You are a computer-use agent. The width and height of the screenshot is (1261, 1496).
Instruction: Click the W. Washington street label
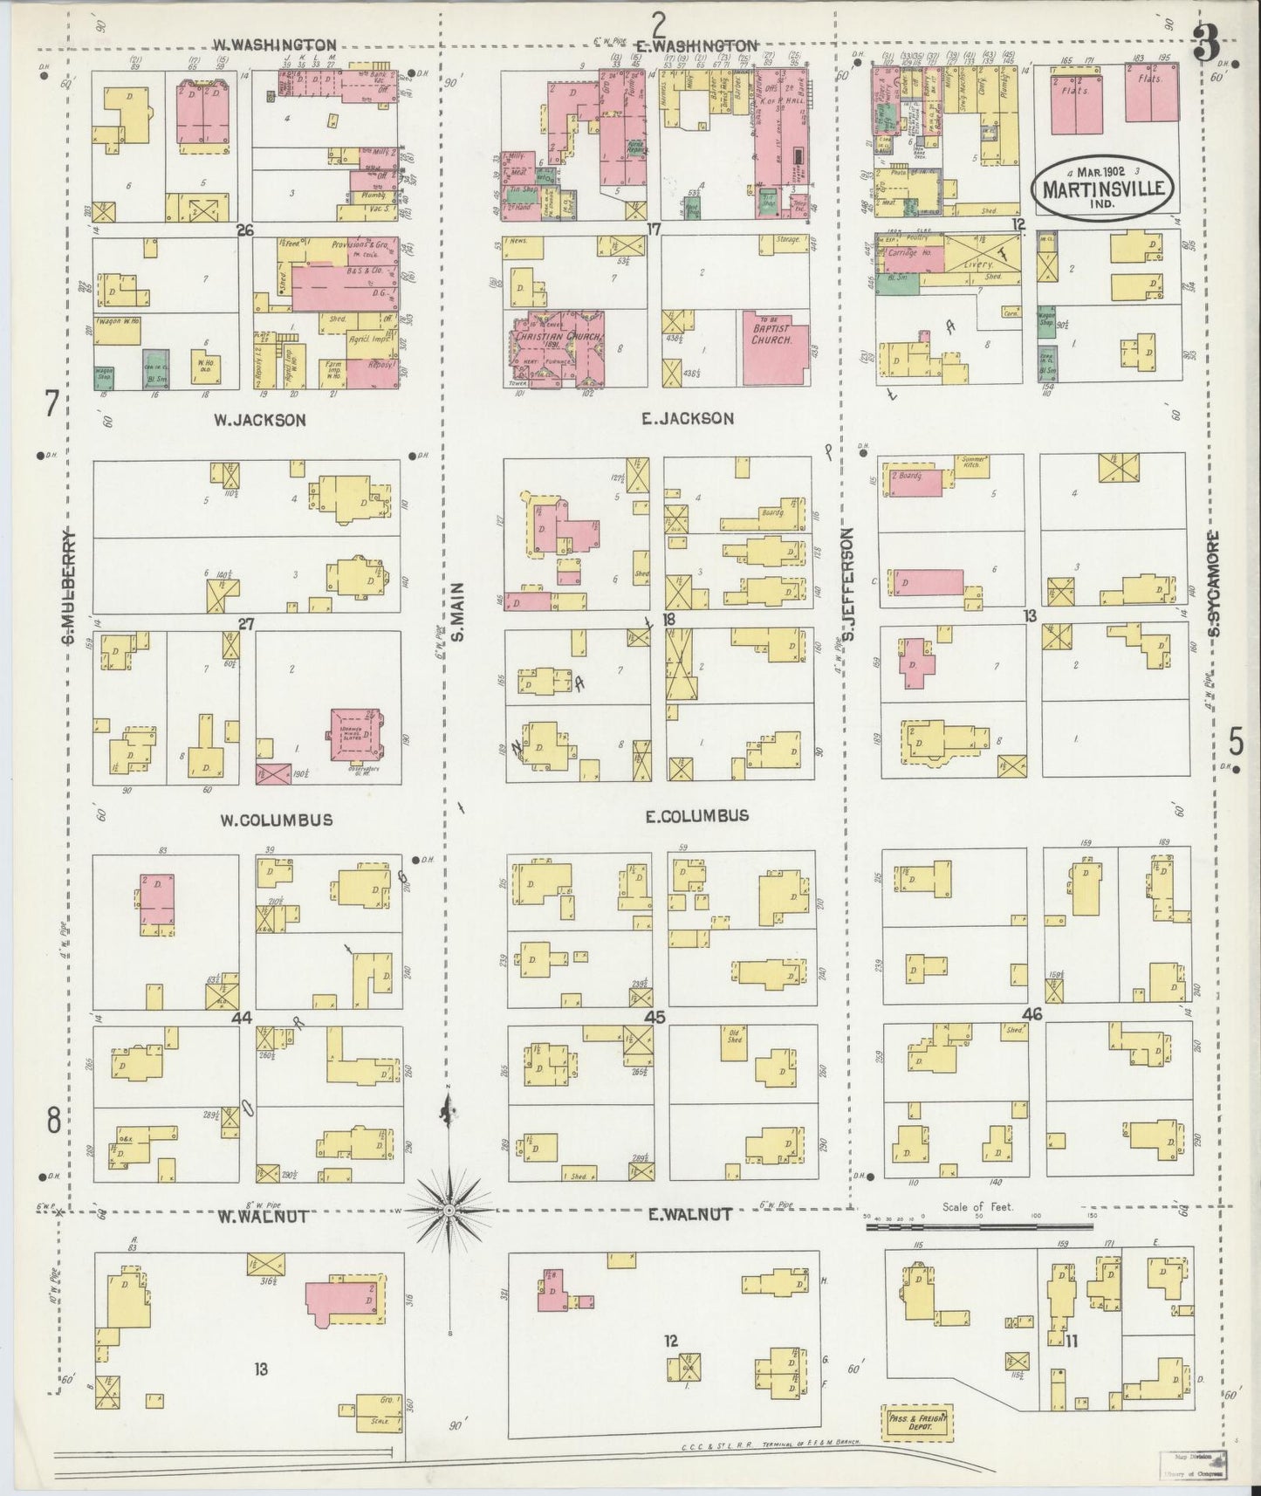(275, 45)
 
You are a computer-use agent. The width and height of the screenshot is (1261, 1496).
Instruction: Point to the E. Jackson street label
(687, 419)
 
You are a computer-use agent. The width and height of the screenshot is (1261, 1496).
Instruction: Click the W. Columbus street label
(275, 820)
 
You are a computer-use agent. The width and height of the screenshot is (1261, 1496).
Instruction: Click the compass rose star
(449, 1211)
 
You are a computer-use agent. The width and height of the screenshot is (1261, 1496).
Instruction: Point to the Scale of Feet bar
(978, 1226)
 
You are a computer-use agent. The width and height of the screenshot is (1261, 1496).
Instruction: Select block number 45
(654, 1016)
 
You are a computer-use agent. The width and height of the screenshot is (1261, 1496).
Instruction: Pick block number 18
(668, 619)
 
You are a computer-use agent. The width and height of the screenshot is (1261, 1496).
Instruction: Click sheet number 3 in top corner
(1206, 45)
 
